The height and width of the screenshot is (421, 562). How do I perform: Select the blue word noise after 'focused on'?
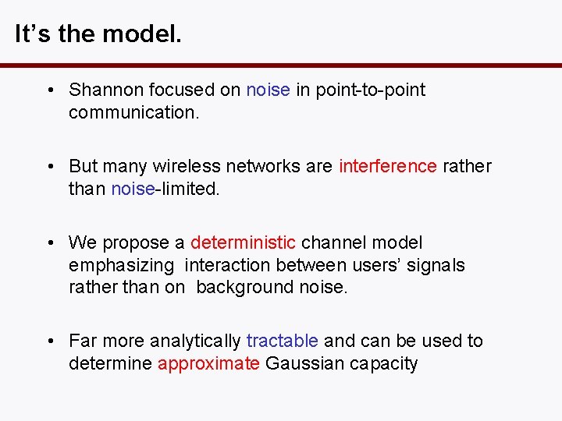(x=268, y=90)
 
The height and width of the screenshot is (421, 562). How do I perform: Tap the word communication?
(x=134, y=112)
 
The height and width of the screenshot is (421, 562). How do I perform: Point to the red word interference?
(x=388, y=166)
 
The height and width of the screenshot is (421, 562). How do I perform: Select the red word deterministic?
(x=244, y=242)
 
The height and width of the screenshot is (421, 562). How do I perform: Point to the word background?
(x=245, y=287)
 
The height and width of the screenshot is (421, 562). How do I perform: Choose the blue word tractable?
(x=282, y=341)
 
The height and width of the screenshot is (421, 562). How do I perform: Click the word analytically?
(x=195, y=341)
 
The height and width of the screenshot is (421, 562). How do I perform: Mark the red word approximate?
(x=208, y=363)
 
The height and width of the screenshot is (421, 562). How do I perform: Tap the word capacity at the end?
(x=383, y=363)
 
